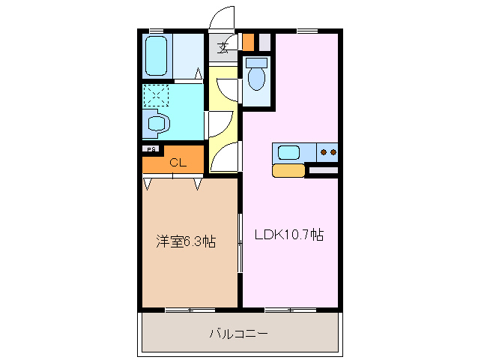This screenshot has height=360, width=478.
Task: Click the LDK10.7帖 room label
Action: click(x=288, y=235)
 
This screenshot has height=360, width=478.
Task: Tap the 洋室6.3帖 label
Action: click(x=186, y=241)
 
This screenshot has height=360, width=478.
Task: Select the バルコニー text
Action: click(x=238, y=333)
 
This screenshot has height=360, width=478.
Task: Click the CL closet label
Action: click(x=178, y=162)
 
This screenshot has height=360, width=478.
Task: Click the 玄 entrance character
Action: click(x=223, y=49)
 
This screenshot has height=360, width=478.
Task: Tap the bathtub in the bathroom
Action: click(x=158, y=55)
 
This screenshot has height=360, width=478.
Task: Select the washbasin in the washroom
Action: click(x=157, y=123)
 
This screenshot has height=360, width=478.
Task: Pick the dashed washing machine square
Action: click(x=158, y=96)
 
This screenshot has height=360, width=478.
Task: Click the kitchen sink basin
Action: click(x=289, y=152)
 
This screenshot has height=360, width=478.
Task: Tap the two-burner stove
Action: click(x=328, y=152)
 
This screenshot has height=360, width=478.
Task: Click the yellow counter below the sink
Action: click(x=288, y=170)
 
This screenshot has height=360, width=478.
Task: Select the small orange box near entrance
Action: click(x=248, y=40)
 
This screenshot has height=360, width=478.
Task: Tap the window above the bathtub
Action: click(x=157, y=31)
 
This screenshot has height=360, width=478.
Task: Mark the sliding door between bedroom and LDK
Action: click(x=240, y=241)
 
